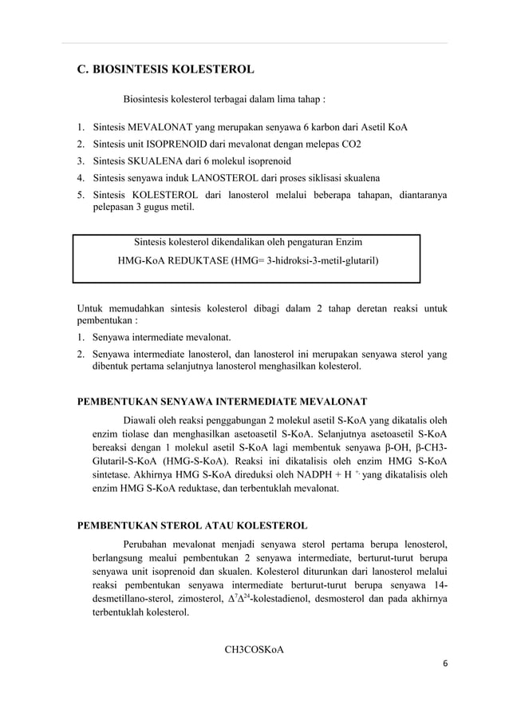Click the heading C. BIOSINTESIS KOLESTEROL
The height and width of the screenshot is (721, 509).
click(x=165, y=69)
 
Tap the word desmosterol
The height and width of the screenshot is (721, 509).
click(x=346, y=599)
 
